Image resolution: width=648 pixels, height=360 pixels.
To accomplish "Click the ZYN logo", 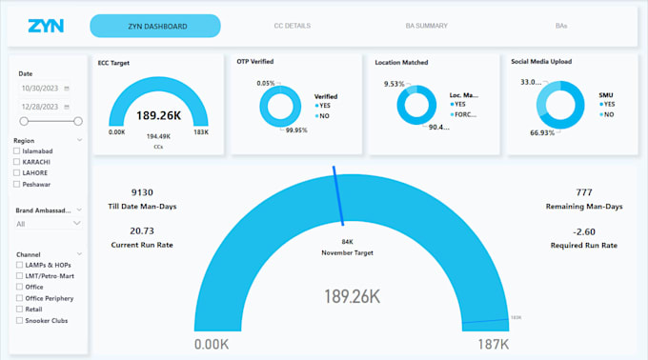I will pyautogui.click(x=45, y=26).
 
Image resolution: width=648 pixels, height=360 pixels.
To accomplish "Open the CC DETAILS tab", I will pyautogui.click(x=292, y=26).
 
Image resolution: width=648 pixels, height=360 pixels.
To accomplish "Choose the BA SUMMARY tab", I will pyautogui.click(x=427, y=26).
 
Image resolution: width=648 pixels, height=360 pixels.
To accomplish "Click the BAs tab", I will pyautogui.click(x=560, y=26).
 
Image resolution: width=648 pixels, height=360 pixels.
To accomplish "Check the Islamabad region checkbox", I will pyautogui.click(x=17, y=151).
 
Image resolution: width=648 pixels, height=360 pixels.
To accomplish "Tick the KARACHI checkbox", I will pyautogui.click(x=17, y=162).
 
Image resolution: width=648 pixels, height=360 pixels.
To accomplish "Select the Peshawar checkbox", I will pyautogui.click(x=17, y=183).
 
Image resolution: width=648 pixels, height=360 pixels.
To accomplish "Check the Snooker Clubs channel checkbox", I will pyautogui.click(x=17, y=320).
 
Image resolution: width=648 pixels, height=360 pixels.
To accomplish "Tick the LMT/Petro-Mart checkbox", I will pyautogui.click(x=17, y=275).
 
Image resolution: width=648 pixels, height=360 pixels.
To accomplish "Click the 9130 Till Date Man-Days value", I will pyautogui.click(x=141, y=191).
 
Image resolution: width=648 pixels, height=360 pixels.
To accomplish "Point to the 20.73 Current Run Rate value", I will pyautogui.click(x=141, y=230).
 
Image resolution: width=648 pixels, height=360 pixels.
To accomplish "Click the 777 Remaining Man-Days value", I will pyautogui.click(x=583, y=191).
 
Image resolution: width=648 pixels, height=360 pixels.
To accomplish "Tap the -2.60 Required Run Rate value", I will pyautogui.click(x=583, y=230).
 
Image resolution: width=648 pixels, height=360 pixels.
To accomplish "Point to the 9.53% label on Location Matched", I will pyautogui.click(x=394, y=84).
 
